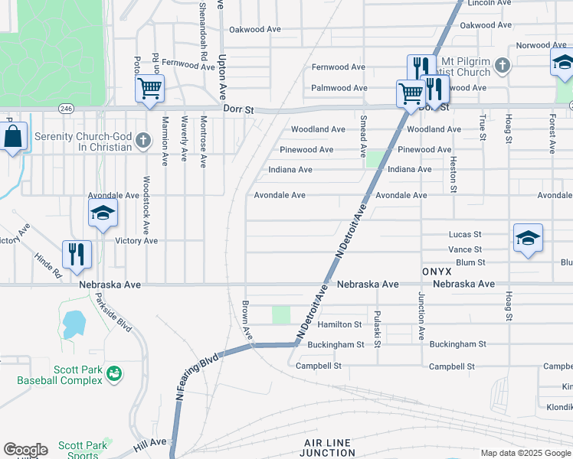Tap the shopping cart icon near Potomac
pos(149,88)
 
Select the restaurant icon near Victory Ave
pos(77,253)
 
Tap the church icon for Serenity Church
pos(143,140)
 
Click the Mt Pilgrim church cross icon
pos(503,65)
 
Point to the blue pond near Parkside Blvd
pos(74,324)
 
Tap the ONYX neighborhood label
pos(437,271)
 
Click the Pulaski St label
pos(377,327)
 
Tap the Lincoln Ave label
pos(489,3)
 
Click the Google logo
pos(25,450)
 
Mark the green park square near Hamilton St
pos(281,314)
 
